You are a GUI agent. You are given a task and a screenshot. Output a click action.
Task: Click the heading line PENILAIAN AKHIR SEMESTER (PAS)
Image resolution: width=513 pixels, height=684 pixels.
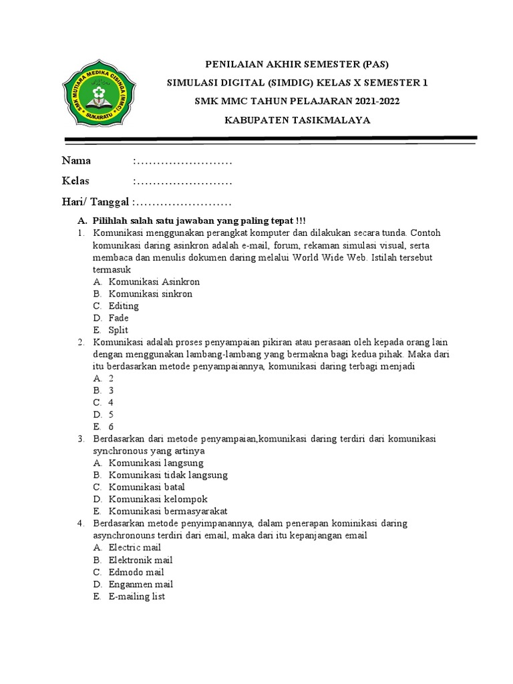point(296,64)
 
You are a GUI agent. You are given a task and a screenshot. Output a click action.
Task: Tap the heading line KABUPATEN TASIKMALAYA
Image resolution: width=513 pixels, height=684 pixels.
point(296,120)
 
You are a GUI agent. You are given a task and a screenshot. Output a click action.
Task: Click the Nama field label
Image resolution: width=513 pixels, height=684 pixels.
point(76,161)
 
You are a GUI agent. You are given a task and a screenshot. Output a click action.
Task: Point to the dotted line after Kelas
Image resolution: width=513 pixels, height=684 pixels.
point(183,182)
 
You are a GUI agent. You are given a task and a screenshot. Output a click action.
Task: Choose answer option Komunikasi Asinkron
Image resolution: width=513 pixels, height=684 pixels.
point(154,282)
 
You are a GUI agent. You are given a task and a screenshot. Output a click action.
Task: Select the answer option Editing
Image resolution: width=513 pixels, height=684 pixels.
point(124,306)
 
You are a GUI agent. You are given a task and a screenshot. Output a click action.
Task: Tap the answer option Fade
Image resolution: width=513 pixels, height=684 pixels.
point(118,318)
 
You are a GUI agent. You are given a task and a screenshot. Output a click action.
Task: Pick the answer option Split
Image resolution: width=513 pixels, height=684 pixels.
point(118,330)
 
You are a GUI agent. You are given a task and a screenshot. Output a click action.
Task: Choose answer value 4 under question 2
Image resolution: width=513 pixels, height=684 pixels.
point(111,403)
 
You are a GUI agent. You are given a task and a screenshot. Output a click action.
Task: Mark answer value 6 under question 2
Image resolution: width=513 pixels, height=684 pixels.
point(111,427)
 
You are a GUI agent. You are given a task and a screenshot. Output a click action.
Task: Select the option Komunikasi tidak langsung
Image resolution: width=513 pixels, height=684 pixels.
point(168,475)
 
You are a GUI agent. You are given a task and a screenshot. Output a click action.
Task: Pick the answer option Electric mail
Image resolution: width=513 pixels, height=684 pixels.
point(135,548)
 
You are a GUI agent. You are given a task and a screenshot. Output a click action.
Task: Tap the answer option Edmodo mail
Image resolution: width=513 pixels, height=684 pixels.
point(136,572)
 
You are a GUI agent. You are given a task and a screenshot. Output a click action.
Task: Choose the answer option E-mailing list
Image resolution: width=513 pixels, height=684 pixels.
point(136,596)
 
